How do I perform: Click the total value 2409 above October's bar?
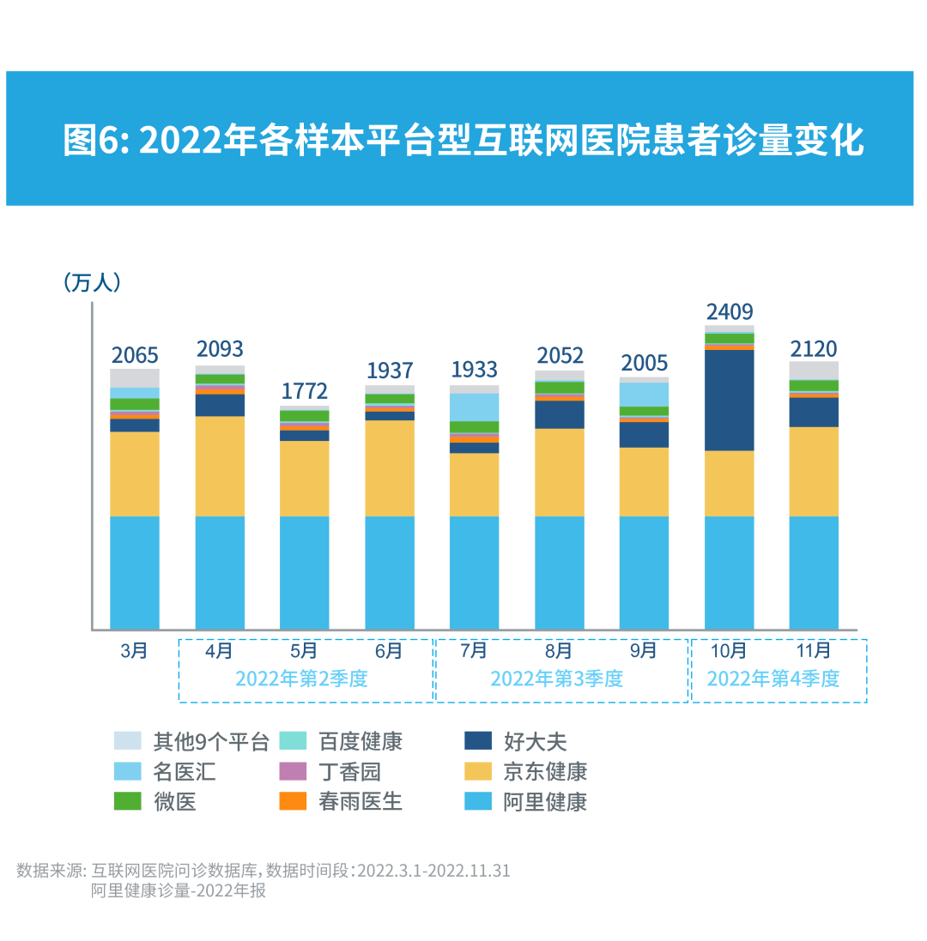coord(729,311)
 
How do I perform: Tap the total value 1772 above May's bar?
coord(305,391)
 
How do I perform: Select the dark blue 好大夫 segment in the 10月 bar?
coord(729,400)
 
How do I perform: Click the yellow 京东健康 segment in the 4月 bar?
coord(220,466)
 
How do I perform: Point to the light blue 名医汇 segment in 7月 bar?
coord(474,407)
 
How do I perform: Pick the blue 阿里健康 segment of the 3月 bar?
coord(135,572)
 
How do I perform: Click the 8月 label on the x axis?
coord(559,651)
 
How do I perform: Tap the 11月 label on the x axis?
coord(814,651)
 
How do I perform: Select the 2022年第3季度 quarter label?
coord(556,679)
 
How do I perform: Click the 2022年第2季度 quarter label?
coord(301,679)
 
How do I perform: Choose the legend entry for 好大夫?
coord(535,742)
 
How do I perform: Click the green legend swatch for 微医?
coord(128,801)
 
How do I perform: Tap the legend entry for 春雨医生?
coord(360,801)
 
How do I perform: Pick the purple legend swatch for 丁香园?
coord(293,771)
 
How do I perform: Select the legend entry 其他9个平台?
coord(210,742)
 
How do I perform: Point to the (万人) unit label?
coord(92,282)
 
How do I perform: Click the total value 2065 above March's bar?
coord(135,355)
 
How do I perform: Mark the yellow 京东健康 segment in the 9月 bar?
coord(644,481)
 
